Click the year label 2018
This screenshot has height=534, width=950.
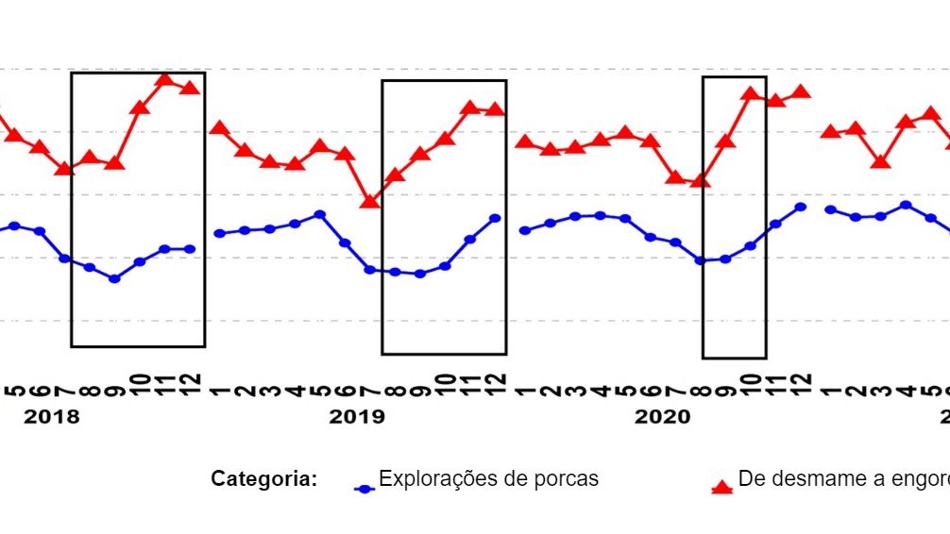click(51, 417)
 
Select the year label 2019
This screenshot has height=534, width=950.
click(356, 417)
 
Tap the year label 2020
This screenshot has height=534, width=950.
click(662, 417)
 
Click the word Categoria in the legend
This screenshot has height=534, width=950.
click(263, 479)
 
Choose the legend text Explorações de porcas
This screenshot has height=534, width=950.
click(488, 478)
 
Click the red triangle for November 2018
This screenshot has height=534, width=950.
click(165, 79)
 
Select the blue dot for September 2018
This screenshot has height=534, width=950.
click(114, 279)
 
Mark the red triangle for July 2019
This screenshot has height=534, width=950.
click(370, 201)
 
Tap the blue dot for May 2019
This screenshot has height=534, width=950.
click(319, 214)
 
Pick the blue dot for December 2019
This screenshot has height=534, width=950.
click(495, 218)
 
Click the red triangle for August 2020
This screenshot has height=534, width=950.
click(700, 180)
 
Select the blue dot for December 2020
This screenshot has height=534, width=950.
click(801, 207)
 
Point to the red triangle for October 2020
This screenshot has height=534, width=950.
click(751, 93)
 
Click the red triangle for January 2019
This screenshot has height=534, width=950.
click(218, 128)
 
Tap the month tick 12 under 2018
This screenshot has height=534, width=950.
click(190, 383)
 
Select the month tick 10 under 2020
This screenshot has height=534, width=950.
click(751, 383)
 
